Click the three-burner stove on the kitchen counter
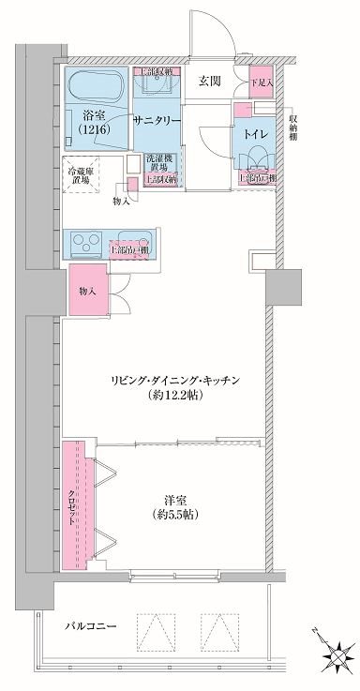click(x=91, y=245)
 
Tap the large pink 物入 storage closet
click(x=86, y=292)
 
